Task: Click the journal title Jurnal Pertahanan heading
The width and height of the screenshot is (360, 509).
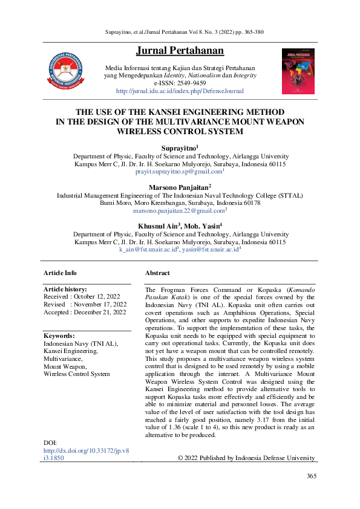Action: [x=180, y=50]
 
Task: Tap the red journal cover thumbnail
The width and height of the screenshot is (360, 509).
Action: [x=298, y=71]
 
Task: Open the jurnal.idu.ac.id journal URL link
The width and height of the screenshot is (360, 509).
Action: [x=180, y=91]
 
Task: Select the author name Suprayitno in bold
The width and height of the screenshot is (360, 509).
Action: [x=179, y=148]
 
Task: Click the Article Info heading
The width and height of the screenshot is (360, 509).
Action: [x=60, y=273]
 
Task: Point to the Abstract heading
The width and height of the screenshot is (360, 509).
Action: [x=157, y=273]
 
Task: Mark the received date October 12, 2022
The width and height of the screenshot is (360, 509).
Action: [x=100, y=297]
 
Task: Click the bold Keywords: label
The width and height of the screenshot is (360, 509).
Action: [x=59, y=336]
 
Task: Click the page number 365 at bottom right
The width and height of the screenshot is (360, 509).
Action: [x=311, y=476]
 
